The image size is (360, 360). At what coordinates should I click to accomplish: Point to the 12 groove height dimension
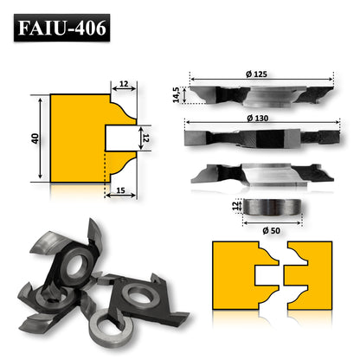[x=147, y=136]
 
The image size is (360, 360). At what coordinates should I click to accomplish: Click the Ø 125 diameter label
[x=260, y=72]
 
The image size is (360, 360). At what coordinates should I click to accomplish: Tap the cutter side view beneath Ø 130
[x=260, y=137]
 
